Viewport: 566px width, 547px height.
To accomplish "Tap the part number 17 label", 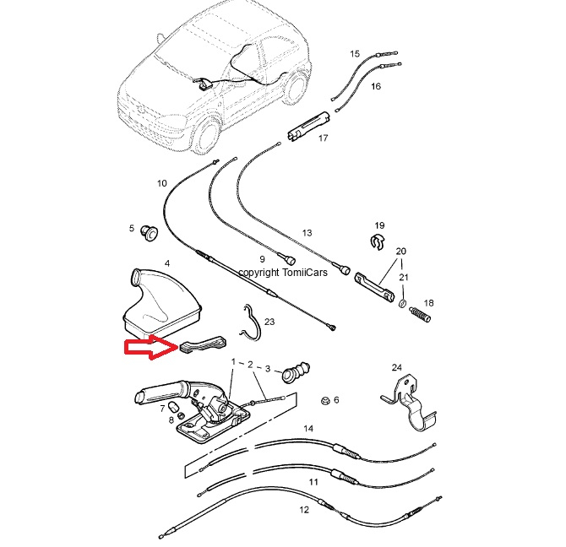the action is (x=323, y=138).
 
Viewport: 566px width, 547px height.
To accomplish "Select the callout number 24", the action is (x=397, y=367).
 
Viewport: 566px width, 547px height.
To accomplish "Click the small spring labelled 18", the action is (x=420, y=314).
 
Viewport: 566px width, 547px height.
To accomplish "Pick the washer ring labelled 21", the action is (x=402, y=303).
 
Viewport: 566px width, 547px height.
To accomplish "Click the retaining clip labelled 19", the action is (x=378, y=242).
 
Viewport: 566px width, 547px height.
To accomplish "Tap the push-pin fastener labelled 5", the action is (x=149, y=233).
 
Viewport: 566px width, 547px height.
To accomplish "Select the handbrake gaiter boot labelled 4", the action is (x=160, y=303).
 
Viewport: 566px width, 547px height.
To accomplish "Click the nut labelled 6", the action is (x=325, y=401).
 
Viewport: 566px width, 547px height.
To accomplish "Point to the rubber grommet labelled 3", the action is (x=296, y=371).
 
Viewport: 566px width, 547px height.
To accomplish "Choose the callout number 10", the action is (x=162, y=183).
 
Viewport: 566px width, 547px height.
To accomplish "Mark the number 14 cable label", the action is (x=308, y=428).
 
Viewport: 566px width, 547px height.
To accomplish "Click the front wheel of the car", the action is (x=204, y=136).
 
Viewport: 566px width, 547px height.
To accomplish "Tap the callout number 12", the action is (x=304, y=510).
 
